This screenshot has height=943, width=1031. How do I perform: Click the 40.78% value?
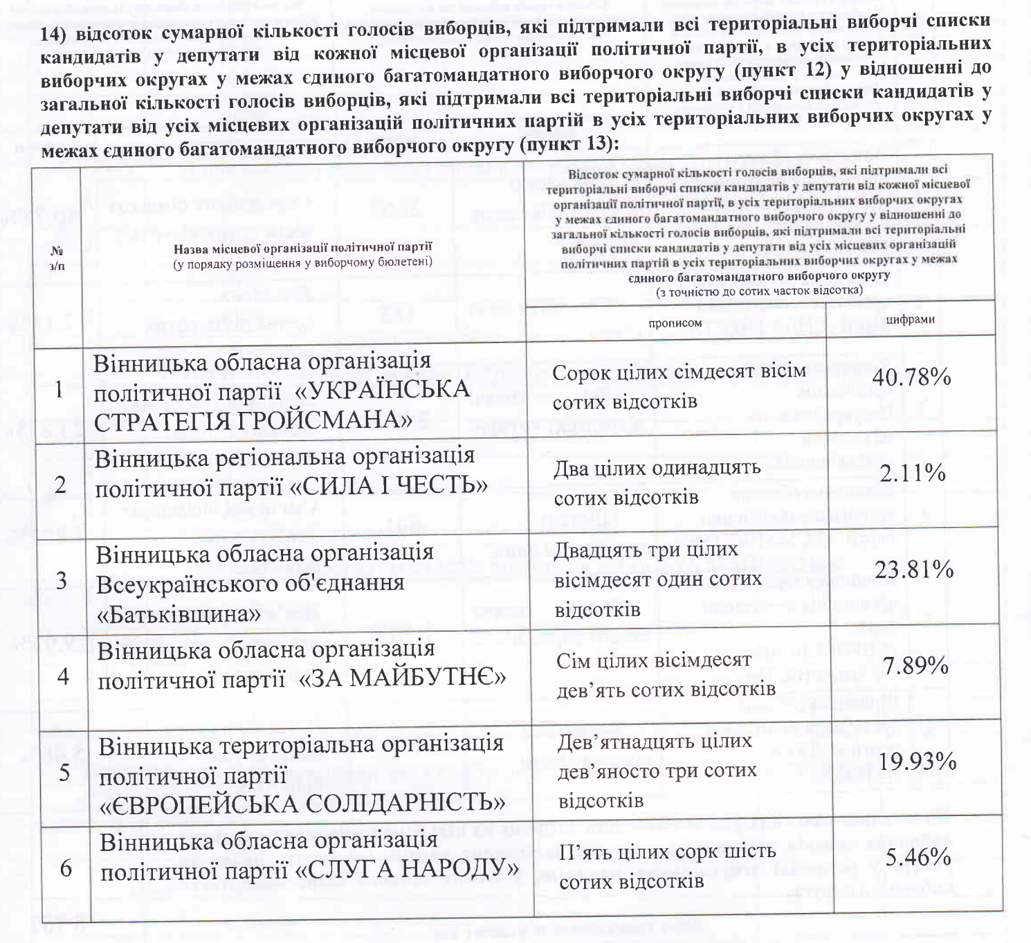tap(911, 378)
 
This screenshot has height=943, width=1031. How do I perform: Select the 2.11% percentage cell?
tap(913, 474)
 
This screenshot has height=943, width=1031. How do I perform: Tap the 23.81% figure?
tap(914, 570)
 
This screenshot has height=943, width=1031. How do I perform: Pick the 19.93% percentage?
tap(918, 762)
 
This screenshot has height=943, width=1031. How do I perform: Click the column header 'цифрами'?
tap(910, 319)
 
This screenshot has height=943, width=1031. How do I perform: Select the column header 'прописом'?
tap(675, 323)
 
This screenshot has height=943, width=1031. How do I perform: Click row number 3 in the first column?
tap(62, 581)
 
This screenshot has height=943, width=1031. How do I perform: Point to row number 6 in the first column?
tap(66, 868)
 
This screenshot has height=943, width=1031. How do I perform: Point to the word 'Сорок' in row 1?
tap(581, 372)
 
